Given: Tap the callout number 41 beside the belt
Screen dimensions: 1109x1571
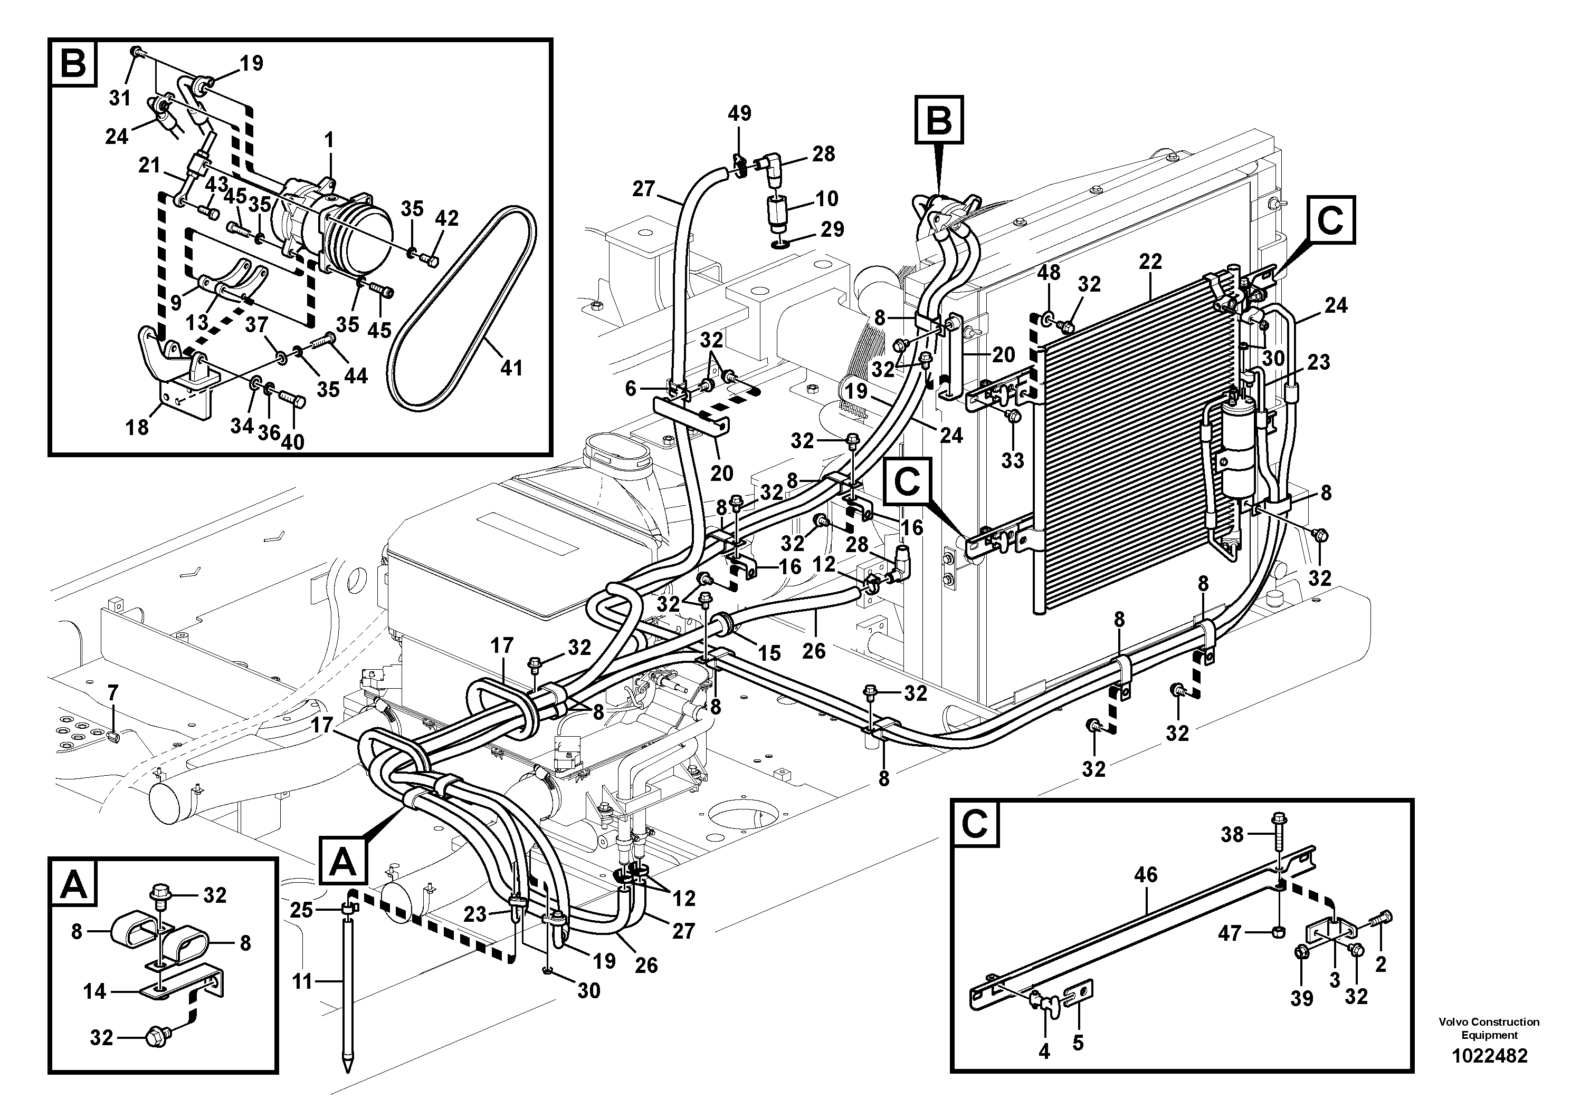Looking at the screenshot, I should [511, 368].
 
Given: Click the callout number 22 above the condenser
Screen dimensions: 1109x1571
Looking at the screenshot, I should [1150, 262].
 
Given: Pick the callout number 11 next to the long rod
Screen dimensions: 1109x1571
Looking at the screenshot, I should [302, 982].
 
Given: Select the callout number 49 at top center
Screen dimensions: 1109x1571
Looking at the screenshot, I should [739, 113].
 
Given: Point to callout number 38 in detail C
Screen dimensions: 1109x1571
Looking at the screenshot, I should [1232, 834].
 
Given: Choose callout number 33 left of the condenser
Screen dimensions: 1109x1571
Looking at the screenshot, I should [1013, 460].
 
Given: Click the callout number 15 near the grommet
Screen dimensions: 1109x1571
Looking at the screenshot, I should [769, 653].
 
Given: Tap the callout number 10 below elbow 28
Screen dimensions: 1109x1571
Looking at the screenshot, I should [826, 198].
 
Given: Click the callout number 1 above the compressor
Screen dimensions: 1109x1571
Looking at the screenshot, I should [329, 140].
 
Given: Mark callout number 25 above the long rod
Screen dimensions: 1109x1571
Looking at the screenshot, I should [302, 910].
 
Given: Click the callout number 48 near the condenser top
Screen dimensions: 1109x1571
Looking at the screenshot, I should [1048, 272].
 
